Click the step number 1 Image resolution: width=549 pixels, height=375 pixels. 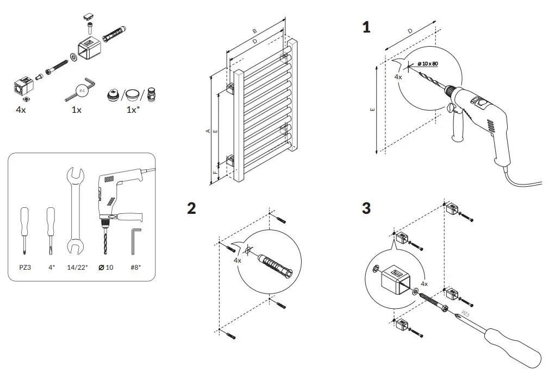click(366, 28)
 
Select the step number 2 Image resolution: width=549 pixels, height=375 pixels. click(191, 208)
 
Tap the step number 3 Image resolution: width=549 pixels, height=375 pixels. click(366, 208)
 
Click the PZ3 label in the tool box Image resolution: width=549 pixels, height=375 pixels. click(25, 268)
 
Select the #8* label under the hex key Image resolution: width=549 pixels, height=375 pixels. click(135, 268)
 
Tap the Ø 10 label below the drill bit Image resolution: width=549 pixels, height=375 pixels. click(105, 268)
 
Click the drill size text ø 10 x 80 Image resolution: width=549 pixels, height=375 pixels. click(428, 64)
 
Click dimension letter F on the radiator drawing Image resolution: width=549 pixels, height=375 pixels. click(215, 172)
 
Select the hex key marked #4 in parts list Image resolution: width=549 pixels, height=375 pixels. click(82, 90)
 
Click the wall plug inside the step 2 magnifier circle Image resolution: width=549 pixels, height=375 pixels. click(274, 266)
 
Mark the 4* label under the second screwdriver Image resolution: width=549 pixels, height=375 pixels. click(51, 268)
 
